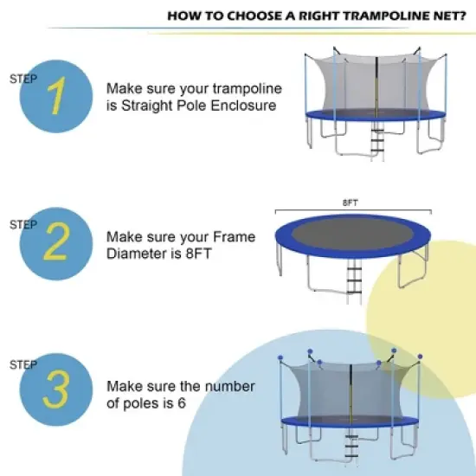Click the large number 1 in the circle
tap(56, 97)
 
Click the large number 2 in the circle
tap(56, 244)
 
